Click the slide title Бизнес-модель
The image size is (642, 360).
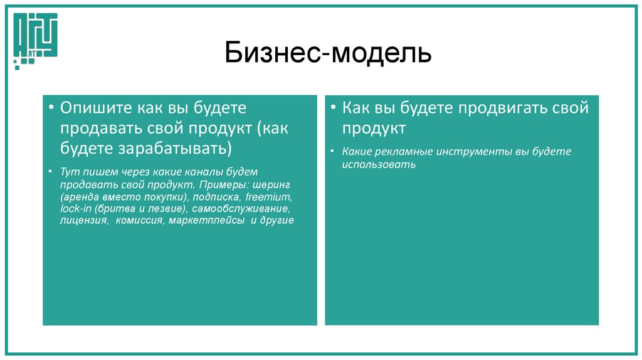click(328, 54)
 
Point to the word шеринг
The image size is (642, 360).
click(275, 184)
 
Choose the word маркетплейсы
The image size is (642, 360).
click(206, 221)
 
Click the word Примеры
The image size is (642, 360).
click(224, 184)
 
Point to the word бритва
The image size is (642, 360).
click(117, 208)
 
